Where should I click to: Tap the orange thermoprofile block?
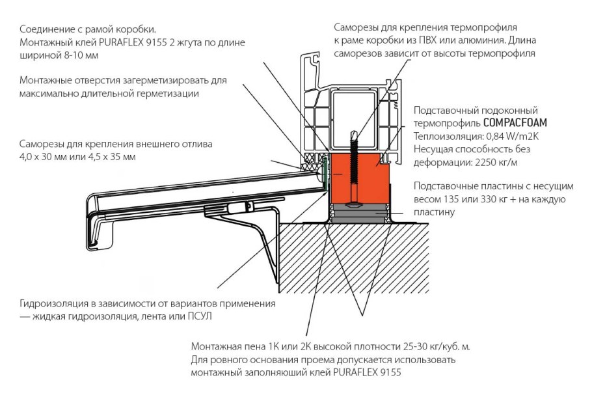[374, 176]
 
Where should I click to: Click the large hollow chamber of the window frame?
[357, 111]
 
